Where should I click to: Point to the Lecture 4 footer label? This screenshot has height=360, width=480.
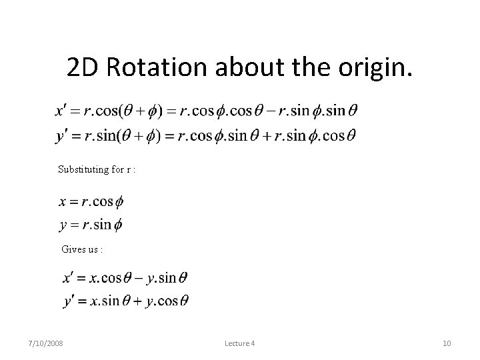tap(240, 343)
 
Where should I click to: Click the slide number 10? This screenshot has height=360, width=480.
tap(447, 343)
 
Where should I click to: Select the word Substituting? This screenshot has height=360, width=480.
tap(83, 169)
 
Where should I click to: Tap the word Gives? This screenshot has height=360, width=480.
tap(72, 249)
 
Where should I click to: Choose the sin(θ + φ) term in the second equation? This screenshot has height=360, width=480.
tap(127, 135)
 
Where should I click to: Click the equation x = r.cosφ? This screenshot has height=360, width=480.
tap(91, 201)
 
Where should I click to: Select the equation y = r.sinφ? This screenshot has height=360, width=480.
tap(91, 225)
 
